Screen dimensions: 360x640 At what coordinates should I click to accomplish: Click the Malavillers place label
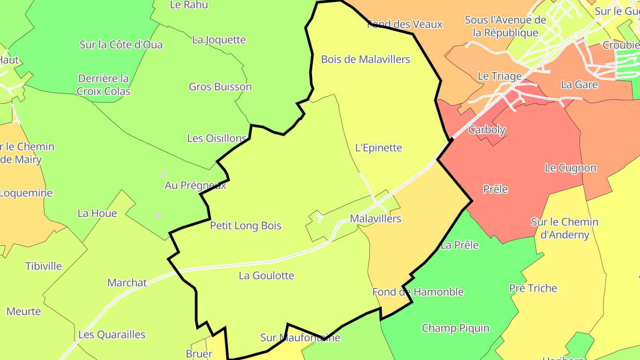coord(376,219)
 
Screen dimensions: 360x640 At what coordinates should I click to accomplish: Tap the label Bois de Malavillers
coord(365,59)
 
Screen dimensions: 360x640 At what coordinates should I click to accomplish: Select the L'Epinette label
coord(379,148)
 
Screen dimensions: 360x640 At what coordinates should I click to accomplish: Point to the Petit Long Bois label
coord(246,226)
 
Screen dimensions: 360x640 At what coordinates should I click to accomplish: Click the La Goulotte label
coord(266,276)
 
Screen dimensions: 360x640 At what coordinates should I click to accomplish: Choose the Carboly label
coord(487,130)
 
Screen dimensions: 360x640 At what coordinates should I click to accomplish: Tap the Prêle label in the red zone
coord(495,189)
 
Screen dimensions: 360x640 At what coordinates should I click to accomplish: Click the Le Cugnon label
coord(571,168)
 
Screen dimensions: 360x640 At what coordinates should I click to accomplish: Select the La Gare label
coord(580,84)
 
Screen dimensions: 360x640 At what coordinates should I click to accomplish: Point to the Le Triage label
coord(500,76)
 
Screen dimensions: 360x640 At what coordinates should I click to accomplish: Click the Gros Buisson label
coord(220,87)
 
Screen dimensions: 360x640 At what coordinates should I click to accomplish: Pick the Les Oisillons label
coord(217,138)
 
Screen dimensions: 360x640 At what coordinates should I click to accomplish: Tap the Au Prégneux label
coord(196,185)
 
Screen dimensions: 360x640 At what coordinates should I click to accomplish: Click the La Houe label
coord(97,213)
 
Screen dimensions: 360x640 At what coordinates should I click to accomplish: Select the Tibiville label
coord(44,266)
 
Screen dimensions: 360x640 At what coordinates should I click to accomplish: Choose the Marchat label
coord(127,283)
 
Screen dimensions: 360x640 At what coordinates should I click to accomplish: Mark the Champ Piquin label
coord(456,328)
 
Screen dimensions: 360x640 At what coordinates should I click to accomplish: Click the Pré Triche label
coord(533,288)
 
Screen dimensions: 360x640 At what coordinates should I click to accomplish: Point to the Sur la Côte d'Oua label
coord(121,44)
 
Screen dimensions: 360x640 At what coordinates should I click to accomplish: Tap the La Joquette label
coord(219,40)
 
